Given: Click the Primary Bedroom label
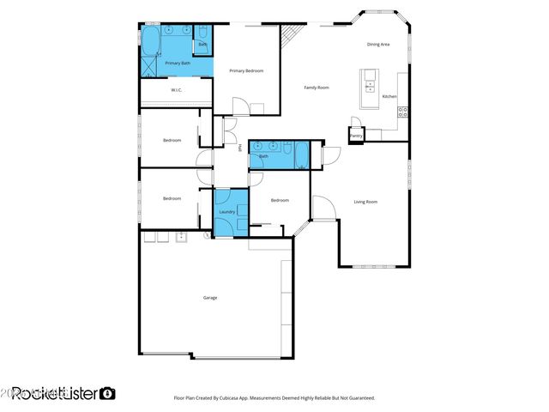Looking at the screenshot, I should coord(245,70).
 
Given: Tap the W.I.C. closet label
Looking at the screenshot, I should coord(176,90).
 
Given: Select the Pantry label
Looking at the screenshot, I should coord(356,136).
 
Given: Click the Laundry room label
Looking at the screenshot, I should coord(227,212).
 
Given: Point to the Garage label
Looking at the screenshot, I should coord(210,298).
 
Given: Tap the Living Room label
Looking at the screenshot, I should coord(365,202).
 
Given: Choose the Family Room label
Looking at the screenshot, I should coord(317,87).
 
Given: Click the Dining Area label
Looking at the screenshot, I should coord(379,44).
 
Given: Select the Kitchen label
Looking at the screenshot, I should coord(389,96).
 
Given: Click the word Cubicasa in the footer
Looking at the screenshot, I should coord(242,398).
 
